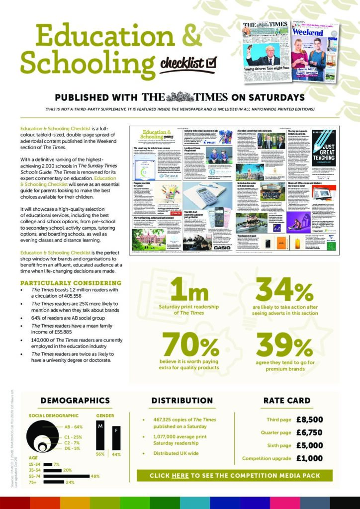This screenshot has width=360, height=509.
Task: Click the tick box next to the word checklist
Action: (x=212, y=62)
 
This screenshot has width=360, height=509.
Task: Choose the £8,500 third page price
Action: (x=309, y=419)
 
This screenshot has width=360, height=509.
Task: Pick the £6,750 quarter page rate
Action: (x=309, y=432)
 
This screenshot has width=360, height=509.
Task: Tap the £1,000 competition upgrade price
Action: (x=309, y=458)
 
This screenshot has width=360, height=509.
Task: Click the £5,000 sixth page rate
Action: (x=309, y=445)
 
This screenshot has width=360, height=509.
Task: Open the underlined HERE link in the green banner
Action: (x=180, y=476)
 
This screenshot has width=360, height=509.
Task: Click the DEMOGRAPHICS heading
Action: (x=75, y=401)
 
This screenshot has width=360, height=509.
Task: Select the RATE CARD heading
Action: (x=287, y=401)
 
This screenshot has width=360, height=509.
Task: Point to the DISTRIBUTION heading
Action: (x=182, y=401)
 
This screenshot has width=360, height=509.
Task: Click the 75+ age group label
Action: (x=33, y=482)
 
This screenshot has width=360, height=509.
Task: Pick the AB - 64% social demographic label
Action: (x=74, y=427)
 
